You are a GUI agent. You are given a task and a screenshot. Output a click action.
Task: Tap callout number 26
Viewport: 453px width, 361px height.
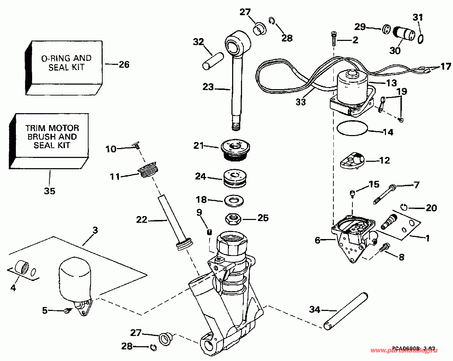click(x=123, y=64)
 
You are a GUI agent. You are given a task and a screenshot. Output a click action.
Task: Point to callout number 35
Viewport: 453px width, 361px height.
click(x=49, y=191)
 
